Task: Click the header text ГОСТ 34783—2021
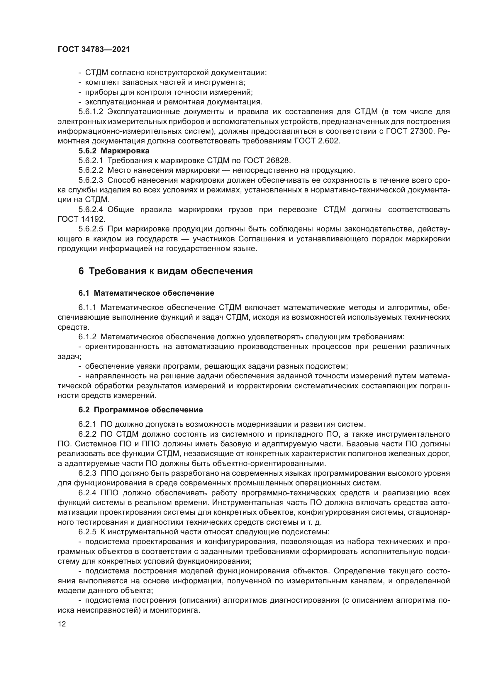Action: pyautogui.click(x=94, y=50)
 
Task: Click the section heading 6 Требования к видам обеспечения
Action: pyautogui.click(x=165, y=271)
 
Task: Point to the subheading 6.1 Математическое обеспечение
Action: pyautogui.click(x=146, y=293)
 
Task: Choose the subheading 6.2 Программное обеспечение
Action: pyautogui.click(x=140, y=410)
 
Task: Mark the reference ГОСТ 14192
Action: pyautogui.click(x=81, y=219)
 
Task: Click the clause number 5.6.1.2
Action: pyautogui.click(x=91, y=112)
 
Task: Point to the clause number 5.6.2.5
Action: pyautogui.click(x=91, y=229)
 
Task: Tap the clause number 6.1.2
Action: pyautogui.click(x=87, y=337)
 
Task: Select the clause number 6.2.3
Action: pyautogui.click(x=87, y=473)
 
